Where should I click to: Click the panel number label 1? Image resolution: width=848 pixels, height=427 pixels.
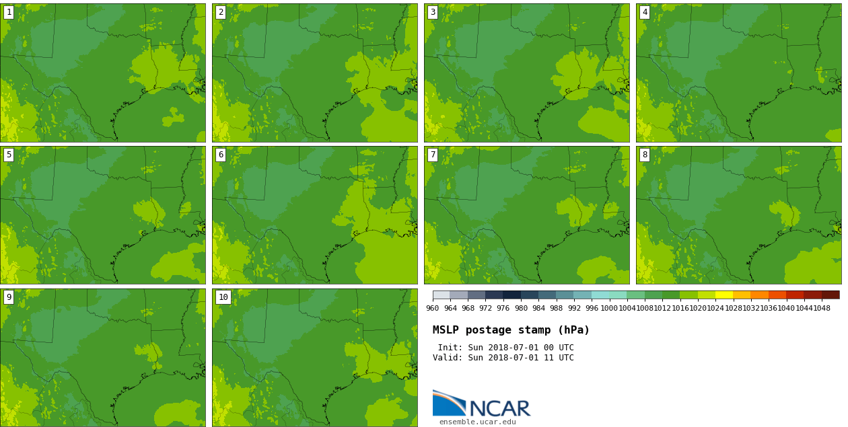click(9, 12)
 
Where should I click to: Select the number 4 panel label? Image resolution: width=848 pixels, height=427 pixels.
click(645, 12)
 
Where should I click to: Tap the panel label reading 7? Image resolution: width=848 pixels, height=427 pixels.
click(433, 155)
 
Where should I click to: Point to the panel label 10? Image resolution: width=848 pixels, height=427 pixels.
click(223, 297)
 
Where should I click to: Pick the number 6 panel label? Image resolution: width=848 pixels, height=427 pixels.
click(221, 155)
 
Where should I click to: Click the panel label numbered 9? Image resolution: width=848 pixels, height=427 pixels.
click(9, 297)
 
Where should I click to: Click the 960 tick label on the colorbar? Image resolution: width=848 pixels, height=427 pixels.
click(433, 309)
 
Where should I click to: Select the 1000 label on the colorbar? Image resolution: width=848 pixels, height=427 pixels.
click(609, 309)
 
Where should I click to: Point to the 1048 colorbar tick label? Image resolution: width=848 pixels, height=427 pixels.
click(822, 309)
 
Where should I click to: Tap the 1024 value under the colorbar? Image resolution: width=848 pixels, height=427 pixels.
click(715, 309)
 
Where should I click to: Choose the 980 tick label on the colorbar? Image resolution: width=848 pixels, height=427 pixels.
click(521, 309)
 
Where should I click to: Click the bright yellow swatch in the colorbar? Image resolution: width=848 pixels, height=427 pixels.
click(724, 295)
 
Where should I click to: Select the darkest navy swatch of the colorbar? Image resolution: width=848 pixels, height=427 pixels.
click(512, 295)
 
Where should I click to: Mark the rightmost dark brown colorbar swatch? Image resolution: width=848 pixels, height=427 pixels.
click(831, 295)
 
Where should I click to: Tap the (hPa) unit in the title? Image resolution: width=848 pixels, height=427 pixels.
click(573, 330)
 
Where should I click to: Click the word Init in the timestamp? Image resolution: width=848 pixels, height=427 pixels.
click(449, 348)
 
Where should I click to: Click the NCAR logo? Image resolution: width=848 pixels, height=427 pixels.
click(481, 405)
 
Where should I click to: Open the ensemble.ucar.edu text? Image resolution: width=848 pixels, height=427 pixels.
click(477, 422)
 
